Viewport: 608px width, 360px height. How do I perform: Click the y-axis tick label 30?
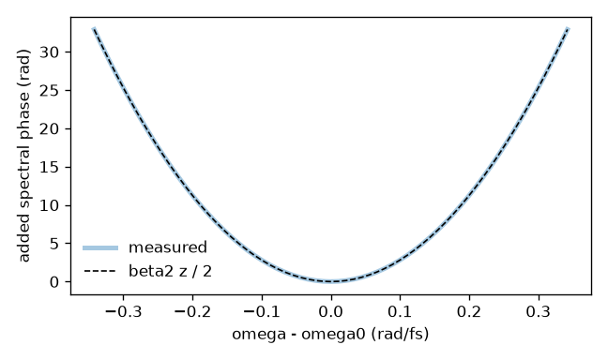coord(49,52)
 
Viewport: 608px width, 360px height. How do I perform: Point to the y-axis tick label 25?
coord(49,90)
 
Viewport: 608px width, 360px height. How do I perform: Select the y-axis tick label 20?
coord(49,128)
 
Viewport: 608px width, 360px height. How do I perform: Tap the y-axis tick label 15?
coord(49,167)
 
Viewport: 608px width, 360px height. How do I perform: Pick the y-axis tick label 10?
coord(49,205)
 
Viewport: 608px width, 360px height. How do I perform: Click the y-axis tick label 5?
coord(54,244)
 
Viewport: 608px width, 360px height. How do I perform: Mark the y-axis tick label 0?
coord(54,282)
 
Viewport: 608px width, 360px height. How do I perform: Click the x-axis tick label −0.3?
coord(123,311)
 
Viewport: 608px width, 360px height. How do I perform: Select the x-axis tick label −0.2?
coord(192,311)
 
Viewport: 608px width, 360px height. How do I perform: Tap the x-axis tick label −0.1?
coord(262,311)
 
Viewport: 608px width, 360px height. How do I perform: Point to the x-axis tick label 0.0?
coord(331,311)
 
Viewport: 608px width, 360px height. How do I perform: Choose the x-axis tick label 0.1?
coord(400,311)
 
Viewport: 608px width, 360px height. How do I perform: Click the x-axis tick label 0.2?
coord(469,311)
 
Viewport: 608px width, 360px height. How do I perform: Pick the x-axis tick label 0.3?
coord(539,311)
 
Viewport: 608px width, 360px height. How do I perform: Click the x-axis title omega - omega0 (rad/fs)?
coord(331,334)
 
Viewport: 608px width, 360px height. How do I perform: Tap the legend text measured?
coord(168,247)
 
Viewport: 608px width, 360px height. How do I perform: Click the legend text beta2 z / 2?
coord(170,271)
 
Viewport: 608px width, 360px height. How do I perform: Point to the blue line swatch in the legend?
coord(100,248)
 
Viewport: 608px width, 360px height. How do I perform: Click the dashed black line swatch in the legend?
coord(100,271)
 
